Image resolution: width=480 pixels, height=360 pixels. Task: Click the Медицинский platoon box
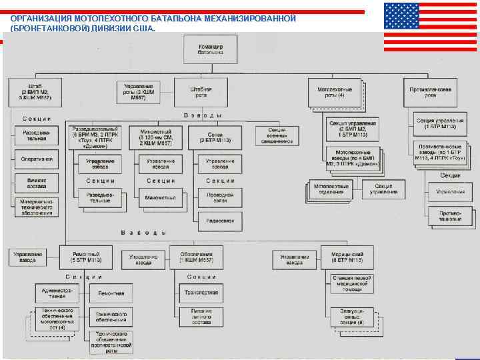pos(351,257)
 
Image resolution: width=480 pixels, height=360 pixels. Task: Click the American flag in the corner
pos(430,26)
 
